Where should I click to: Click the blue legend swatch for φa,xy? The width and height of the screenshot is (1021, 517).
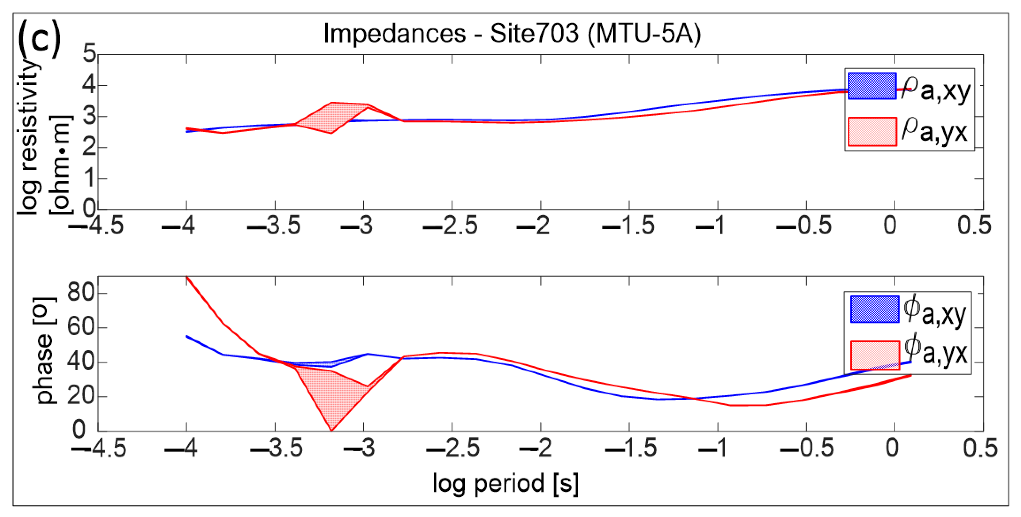point(874,309)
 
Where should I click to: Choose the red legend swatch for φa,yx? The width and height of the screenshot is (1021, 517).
point(874,355)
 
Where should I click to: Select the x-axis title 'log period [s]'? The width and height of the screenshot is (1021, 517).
point(505,483)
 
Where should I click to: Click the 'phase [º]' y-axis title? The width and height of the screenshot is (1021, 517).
point(44,351)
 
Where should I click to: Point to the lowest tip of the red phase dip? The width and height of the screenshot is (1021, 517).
point(331,430)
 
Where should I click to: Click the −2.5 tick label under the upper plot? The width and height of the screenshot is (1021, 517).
point(450,226)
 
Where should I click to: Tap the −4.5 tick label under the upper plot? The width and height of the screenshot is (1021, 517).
point(96,226)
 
